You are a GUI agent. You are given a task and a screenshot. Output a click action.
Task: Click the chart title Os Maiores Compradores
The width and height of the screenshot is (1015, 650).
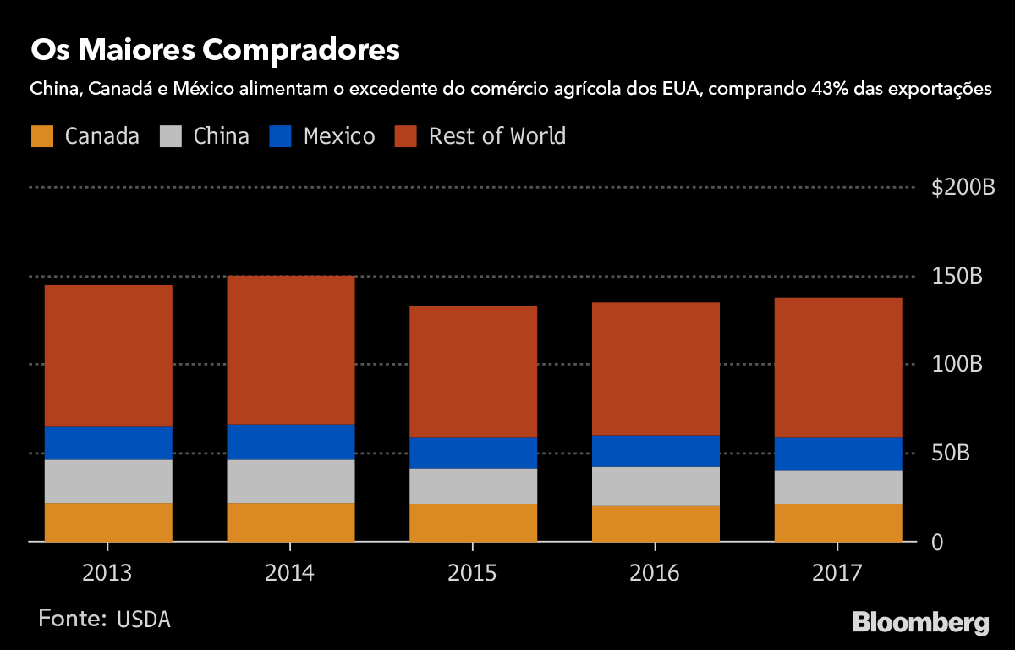[215, 50]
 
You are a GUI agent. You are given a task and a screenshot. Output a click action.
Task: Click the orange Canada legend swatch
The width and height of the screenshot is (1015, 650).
[42, 136]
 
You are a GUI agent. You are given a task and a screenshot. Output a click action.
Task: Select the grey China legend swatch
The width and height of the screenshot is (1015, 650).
[171, 136]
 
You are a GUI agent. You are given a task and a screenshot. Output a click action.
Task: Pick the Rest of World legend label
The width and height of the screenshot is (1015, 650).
[497, 136]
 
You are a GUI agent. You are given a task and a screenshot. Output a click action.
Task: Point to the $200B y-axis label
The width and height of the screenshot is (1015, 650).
[963, 188]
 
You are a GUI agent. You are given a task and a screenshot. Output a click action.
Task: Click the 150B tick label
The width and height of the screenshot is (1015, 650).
[957, 277]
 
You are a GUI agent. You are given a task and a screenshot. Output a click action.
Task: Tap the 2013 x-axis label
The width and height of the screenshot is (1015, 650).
[107, 573]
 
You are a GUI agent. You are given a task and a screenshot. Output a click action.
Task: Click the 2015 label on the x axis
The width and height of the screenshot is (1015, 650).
[473, 573]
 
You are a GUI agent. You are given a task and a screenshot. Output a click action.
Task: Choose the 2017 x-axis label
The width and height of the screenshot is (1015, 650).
[837, 573]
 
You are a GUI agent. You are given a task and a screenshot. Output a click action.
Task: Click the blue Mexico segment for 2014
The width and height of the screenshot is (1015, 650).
[290, 441]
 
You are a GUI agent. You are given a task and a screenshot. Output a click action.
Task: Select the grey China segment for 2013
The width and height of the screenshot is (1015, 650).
[108, 481]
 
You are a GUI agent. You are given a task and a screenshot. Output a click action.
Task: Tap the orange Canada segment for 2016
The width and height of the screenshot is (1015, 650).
[656, 523]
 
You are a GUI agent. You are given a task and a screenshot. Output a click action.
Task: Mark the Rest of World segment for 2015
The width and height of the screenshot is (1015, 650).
[473, 371]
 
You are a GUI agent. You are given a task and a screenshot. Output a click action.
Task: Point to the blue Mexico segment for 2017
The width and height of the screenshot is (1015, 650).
[838, 453]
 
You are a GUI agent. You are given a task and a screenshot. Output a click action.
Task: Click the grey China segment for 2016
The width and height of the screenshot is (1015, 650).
[656, 486]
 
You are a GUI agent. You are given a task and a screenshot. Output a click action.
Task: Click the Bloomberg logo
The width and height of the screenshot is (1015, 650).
[920, 622]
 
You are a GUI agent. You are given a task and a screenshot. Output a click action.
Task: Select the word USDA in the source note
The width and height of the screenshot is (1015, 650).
[144, 619]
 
